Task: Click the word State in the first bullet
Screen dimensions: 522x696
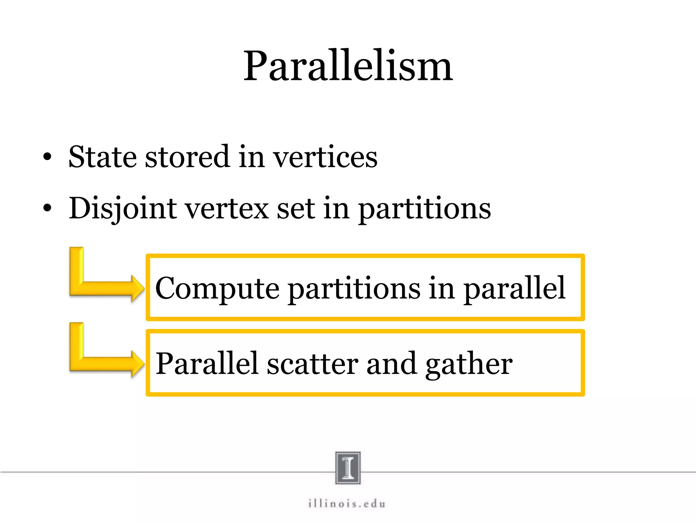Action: click(x=102, y=157)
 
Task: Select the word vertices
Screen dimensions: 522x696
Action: click(x=326, y=157)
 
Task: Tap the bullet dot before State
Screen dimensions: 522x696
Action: click(x=48, y=157)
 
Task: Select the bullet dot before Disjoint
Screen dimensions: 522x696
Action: click(x=48, y=208)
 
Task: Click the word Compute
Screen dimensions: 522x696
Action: click(x=217, y=288)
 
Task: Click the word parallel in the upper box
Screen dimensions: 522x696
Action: click(x=515, y=288)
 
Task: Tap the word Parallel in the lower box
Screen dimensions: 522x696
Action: click(x=207, y=364)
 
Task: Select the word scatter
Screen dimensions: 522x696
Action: click(x=313, y=364)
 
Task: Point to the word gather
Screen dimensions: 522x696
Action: click(x=469, y=364)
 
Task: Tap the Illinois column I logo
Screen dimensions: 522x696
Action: click(x=348, y=468)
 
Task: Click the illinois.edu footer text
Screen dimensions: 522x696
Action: click(x=347, y=504)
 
